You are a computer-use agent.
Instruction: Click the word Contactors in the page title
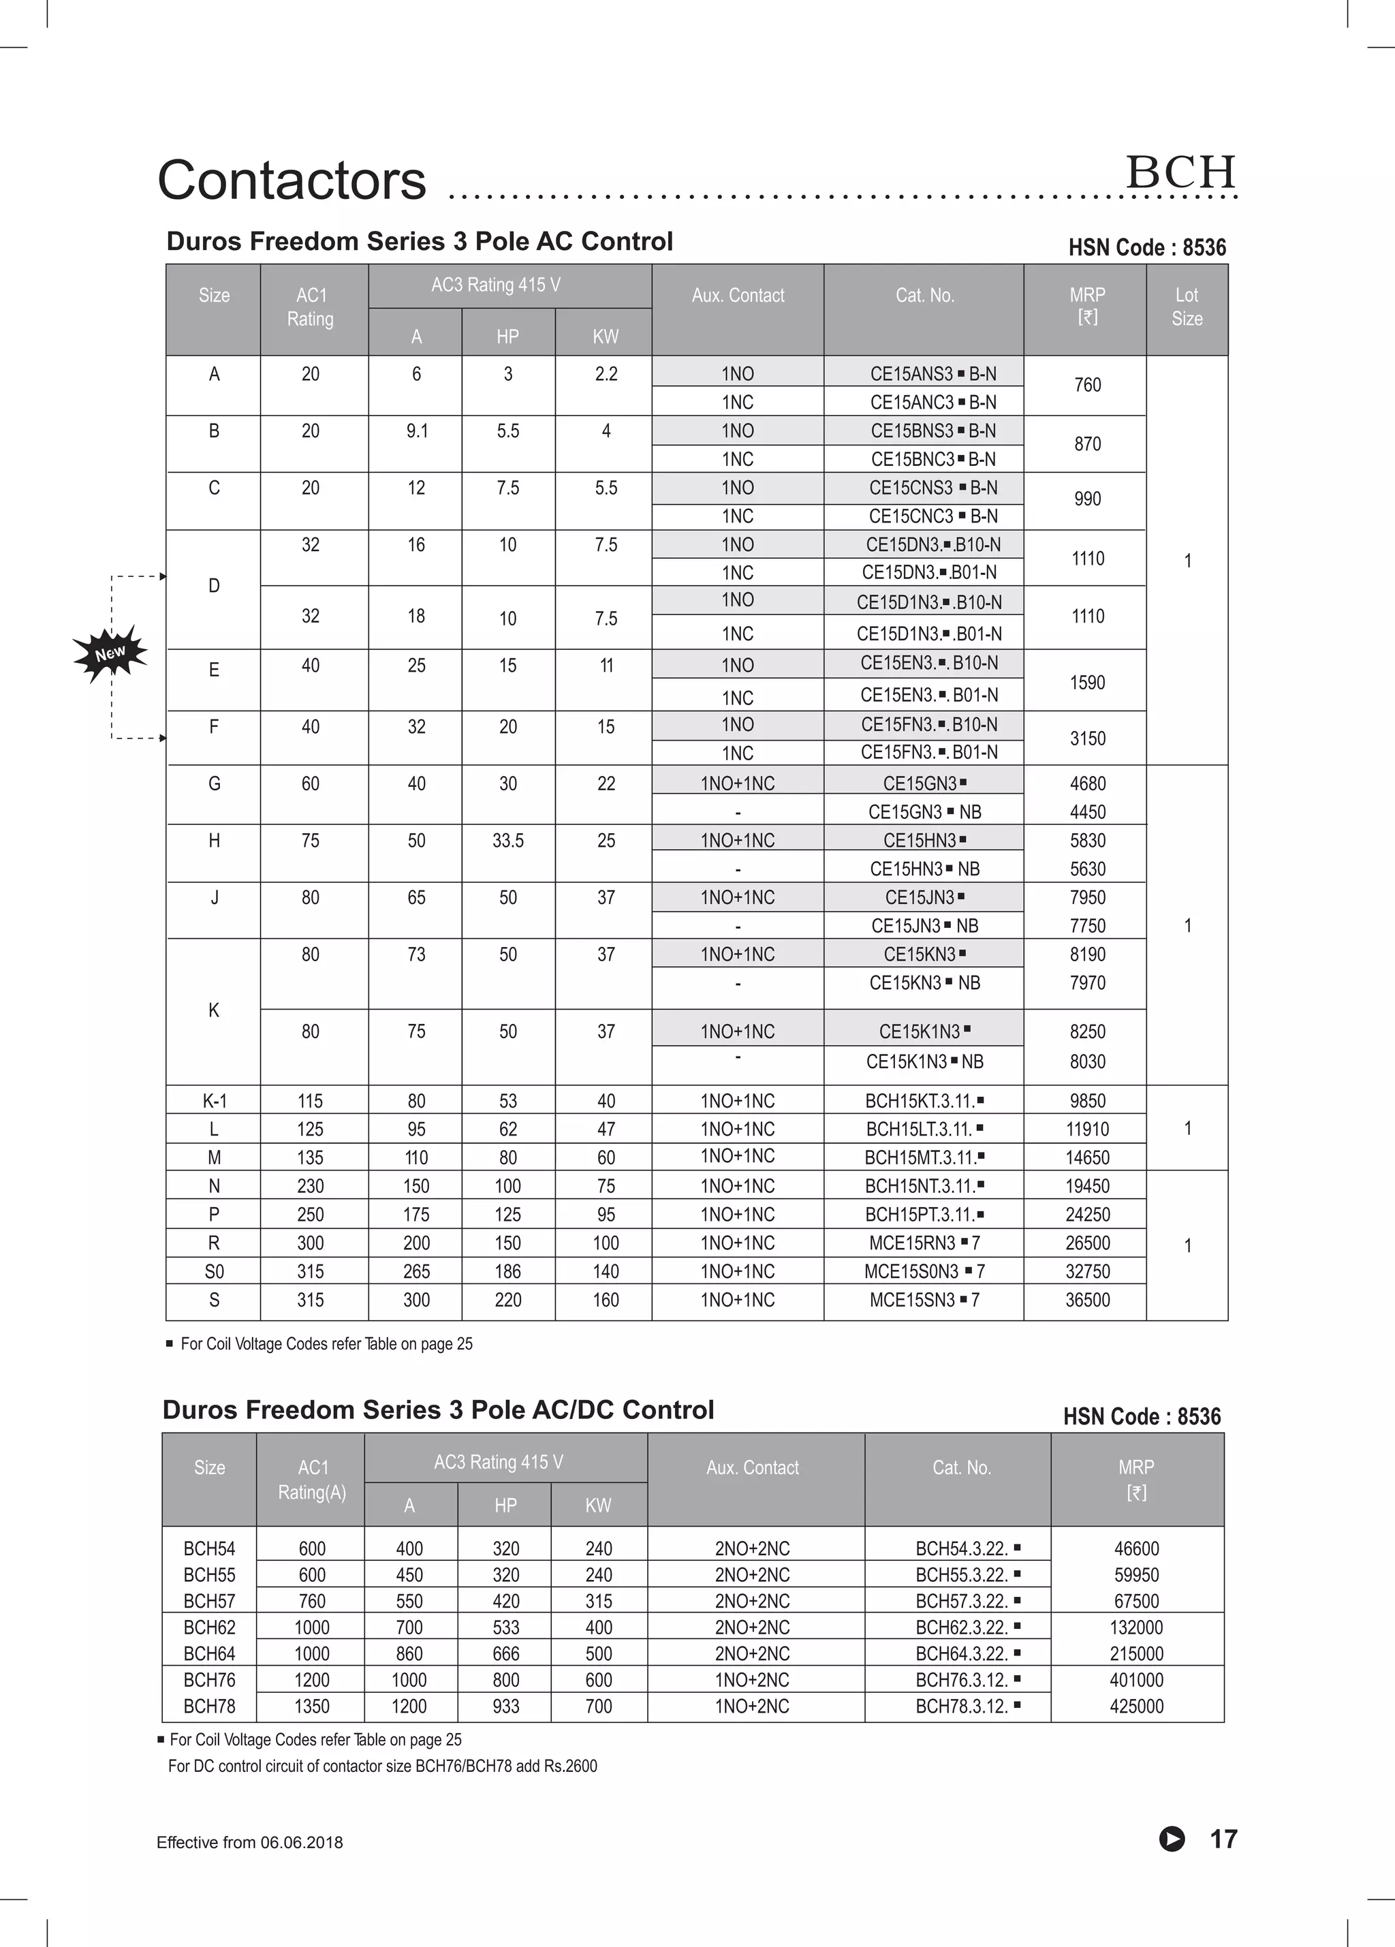tap(292, 181)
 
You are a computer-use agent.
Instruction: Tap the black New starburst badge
tap(110, 653)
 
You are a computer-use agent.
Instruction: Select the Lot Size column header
tap(1187, 307)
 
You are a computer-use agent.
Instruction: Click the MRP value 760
tap(1087, 385)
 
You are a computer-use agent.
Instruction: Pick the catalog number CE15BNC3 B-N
tap(932, 458)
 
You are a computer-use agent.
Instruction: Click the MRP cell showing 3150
tap(1087, 738)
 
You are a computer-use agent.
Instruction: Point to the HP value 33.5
tap(507, 841)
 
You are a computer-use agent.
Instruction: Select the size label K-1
tap(214, 1101)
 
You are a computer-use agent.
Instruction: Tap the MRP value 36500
tap(1087, 1300)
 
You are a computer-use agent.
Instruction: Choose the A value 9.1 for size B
tap(416, 431)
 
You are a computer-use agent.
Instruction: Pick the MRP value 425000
tap(1135, 1706)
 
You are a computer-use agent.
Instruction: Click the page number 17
tap(1223, 1838)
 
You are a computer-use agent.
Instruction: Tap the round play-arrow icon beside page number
tap(1172, 1839)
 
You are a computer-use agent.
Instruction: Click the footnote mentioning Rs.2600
tap(382, 1766)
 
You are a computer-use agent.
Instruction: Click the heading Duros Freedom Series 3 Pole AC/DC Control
tap(438, 1409)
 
